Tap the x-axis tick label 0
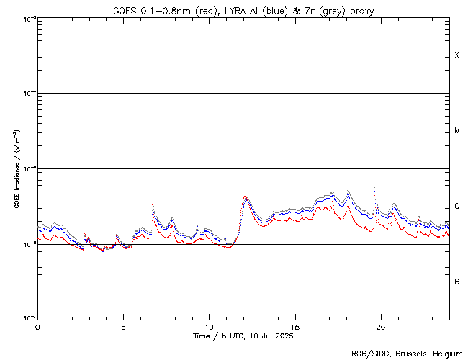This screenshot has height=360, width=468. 37,326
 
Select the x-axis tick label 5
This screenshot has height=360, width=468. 123,326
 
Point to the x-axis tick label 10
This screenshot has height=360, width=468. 209,326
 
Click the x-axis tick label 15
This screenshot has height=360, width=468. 295,326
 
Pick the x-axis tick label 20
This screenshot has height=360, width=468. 381,326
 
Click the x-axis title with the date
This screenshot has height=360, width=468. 244,336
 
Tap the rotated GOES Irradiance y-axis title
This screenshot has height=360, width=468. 16,169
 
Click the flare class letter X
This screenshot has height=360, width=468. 456,55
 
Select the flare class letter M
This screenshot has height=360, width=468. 456,131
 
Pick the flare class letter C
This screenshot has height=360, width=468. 456,207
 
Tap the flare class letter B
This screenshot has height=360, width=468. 456,282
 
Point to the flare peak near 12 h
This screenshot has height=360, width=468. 246,197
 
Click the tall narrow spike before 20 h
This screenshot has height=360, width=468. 374,174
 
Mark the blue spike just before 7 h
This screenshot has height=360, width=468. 153,201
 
